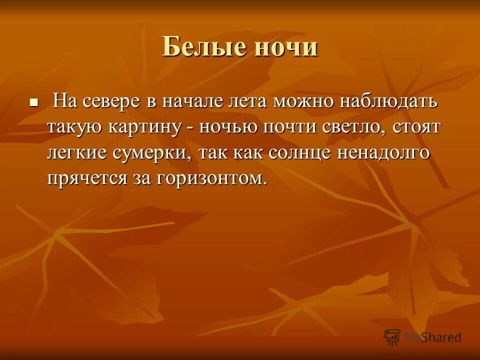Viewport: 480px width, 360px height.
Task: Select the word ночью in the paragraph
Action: (228, 127)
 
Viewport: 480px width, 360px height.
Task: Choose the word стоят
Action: (417, 127)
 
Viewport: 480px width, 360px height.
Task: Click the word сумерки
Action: (157, 153)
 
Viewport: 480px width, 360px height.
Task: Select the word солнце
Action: (294, 153)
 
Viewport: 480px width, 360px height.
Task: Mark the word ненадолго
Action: (383, 153)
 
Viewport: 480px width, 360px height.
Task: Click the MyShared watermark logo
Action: (422, 337)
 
